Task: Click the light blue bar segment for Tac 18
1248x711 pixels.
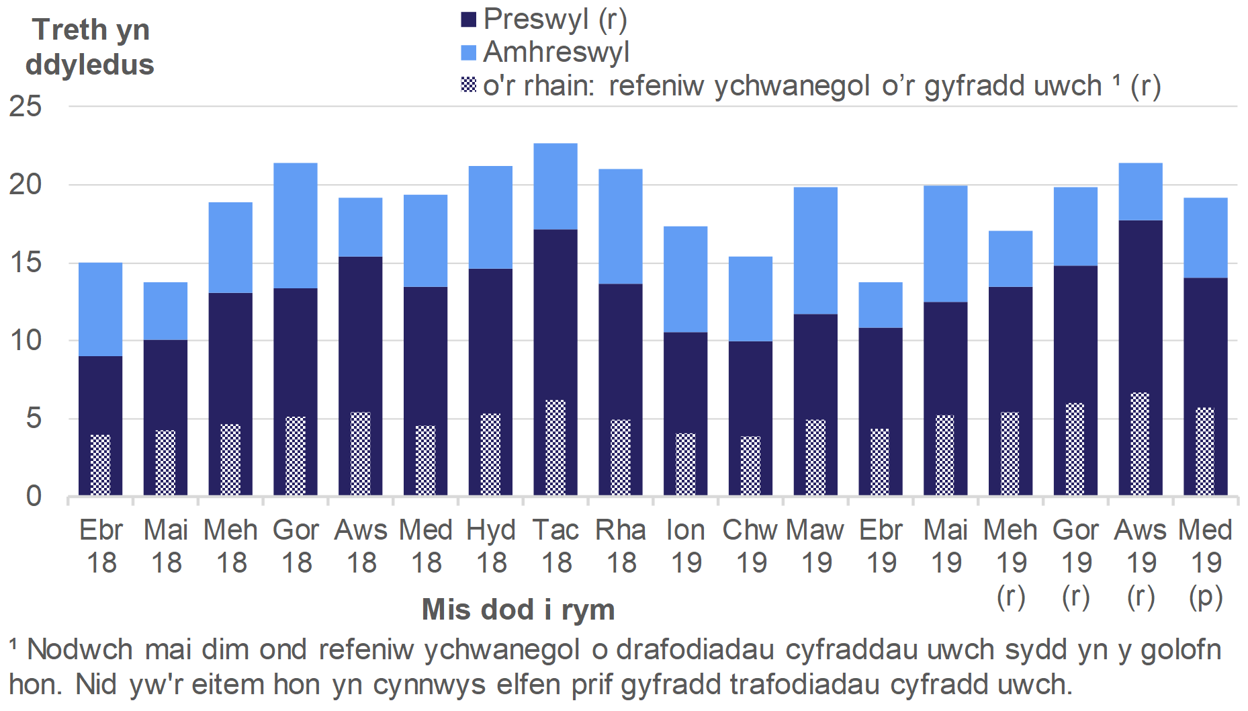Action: point(555,186)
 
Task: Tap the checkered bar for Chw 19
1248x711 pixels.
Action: point(750,466)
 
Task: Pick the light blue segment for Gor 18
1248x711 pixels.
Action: point(296,225)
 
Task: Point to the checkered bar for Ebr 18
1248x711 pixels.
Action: point(101,465)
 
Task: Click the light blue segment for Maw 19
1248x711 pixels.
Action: point(815,250)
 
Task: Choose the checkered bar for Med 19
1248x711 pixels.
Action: point(1205,451)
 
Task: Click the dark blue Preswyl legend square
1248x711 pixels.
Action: point(468,19)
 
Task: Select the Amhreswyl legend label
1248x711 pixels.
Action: point(556,52)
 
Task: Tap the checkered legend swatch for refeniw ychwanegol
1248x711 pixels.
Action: point(468,85)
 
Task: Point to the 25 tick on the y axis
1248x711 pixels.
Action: point(26,106)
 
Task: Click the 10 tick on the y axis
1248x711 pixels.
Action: point(26,341)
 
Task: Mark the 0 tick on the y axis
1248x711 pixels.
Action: point(34,497)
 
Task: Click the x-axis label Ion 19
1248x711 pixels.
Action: point(686,546)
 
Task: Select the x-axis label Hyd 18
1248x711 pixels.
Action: point(491,546)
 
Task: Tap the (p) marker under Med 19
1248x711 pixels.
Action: point(1206,597)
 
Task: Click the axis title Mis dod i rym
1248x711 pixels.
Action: point(518,610)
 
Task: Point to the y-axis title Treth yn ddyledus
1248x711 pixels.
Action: point(90,47)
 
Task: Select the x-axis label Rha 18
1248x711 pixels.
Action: point(621,546)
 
